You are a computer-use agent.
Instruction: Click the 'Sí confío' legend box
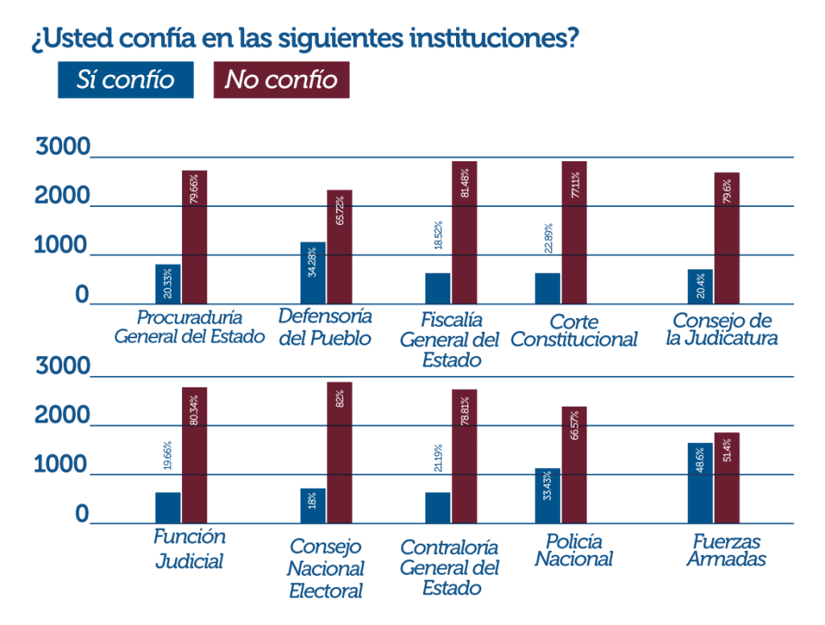125,80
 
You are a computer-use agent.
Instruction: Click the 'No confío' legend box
281,80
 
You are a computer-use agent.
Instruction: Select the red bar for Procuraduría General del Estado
194,238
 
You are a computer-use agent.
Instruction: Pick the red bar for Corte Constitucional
574,234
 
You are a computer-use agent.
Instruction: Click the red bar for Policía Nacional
574,465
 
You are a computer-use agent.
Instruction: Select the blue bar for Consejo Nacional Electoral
313,505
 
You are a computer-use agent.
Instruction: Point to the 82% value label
340,399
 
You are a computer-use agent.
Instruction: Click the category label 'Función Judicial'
189,548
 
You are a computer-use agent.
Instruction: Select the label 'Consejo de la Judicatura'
722,329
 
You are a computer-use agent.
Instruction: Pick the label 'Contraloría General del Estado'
450,568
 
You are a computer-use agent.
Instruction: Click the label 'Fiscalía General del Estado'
450,340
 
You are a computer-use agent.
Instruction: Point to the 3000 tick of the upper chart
63,147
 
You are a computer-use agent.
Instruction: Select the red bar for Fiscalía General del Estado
464,233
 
